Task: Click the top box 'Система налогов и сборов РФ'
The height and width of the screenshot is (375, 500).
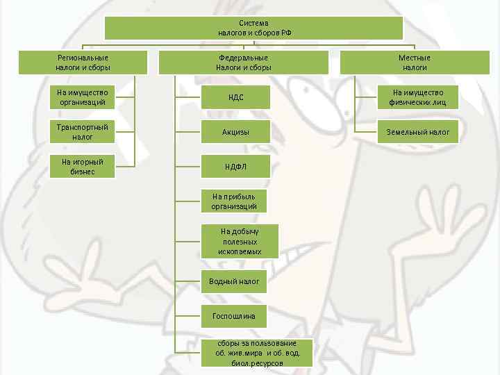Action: [x=253, y=28]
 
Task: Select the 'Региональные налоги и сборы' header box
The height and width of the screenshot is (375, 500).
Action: [x=83, y=62]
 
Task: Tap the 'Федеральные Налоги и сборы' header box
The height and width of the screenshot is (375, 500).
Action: [x=243, y=62]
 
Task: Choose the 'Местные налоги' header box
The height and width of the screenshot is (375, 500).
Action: [x=415, y=62]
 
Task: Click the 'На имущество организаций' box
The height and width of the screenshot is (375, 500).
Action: [x=83, y=97]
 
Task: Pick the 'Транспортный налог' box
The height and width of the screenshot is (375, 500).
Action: [x=83, y=132]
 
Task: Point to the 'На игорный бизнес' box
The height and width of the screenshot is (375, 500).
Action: [x=83, y=167]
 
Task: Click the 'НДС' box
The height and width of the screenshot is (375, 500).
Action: [x=235, y=97]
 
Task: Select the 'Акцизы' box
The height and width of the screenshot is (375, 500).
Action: [x=235, y=132]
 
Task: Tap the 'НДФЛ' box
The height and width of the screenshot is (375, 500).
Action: [x=235, y=167]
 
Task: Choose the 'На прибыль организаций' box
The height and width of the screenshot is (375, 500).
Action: [x=234, y=201]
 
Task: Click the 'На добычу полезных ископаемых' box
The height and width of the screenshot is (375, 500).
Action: [x=239, y=241]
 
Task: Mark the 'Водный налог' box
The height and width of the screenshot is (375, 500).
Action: [x=234, y=281]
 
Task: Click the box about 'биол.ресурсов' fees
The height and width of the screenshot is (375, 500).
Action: [x=257, y=353]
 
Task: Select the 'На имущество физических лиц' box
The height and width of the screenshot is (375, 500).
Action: [x=417, y=97]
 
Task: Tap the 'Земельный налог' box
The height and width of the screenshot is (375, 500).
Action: [x=417, y=132]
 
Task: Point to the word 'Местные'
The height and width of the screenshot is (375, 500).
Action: [x=415, y=58]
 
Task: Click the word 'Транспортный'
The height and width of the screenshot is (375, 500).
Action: [x=83, y=127]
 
